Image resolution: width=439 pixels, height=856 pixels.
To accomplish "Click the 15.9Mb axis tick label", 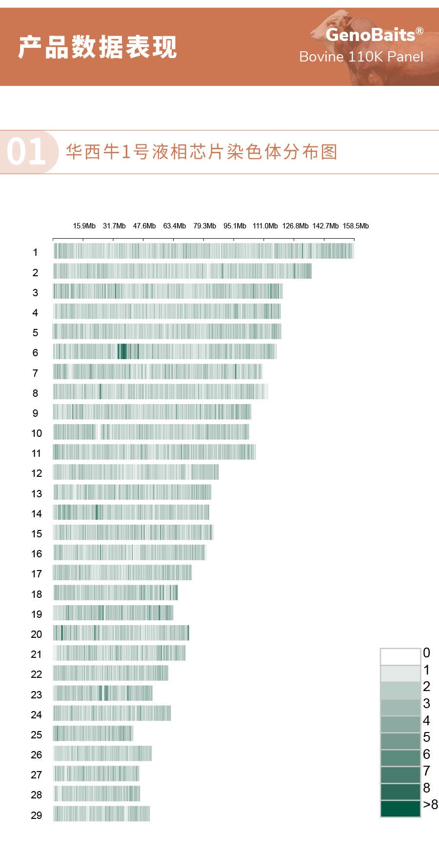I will pos(84,226).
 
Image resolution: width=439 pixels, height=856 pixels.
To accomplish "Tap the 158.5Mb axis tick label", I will pos(356,226).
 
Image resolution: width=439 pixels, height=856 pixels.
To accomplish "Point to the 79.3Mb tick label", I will pos(204,226).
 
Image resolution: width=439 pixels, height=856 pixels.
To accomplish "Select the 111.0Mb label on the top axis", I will pos(265,226).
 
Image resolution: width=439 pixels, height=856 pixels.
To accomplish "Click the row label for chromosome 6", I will pos(35,353).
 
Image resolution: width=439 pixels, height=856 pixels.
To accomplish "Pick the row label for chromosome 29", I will pos(37,815).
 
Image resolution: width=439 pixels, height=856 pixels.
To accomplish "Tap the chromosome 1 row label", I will pos(35,252).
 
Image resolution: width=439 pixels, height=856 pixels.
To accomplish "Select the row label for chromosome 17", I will pos(37,574).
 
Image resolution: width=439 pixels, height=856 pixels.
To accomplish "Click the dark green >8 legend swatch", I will pos(400,808).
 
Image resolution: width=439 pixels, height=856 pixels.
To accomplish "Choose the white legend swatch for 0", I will pos(400,656).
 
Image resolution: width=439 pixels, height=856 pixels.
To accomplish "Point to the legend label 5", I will pos(427,737).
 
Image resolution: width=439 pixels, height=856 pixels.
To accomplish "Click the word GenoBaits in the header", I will pos(370,35).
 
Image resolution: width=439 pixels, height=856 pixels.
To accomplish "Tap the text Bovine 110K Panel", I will pos(361,57).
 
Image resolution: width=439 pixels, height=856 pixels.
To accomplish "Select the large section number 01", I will pos(26,152).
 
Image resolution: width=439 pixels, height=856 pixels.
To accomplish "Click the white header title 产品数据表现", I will pos(98,47).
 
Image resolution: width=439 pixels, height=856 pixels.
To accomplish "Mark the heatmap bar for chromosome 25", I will pos(93,734).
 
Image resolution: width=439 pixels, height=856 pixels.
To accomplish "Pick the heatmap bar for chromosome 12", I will pos(136,472).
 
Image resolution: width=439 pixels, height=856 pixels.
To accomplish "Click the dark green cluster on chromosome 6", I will pos(122,351).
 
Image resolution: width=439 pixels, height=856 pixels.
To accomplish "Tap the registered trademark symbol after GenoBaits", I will pos(419,30).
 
